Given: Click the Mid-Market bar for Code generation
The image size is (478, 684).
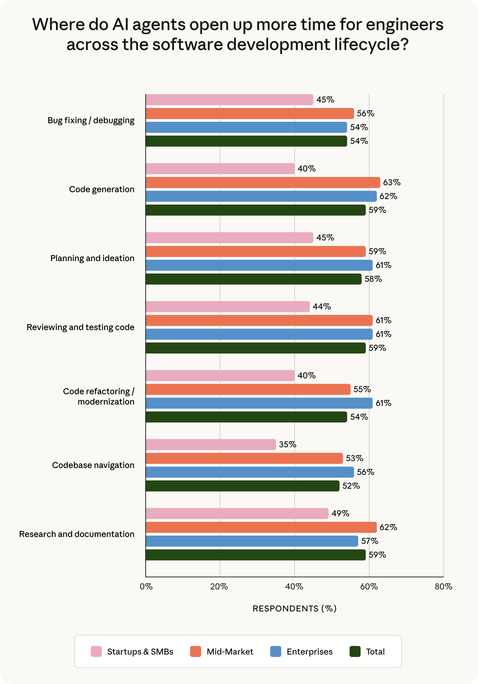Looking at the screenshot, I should [x=263, y=183].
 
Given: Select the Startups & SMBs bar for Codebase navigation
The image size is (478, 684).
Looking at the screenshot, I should [x=211, y=445].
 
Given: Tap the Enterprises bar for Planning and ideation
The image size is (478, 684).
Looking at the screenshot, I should [x=259, y=265].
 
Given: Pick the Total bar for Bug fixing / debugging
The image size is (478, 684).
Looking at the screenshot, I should [x=246, y=141].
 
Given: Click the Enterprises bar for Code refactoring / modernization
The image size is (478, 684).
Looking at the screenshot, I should [x=259, y=403].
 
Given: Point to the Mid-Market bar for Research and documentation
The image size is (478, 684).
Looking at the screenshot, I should [x=261, y=527].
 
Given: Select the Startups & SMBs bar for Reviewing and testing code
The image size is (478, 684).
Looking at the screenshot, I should [x=227, y=307].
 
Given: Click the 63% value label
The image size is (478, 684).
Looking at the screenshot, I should [x=391, y=183].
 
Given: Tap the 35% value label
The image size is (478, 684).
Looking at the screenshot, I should [x=287, y=445].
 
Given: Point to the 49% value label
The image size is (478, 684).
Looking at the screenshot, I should [x=340, y=514].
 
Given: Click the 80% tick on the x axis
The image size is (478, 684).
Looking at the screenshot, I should [x=443, y=587].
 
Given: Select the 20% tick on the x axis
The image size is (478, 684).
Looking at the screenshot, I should [x=219, y=587].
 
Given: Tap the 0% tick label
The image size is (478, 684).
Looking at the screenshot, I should [x=146, y=587].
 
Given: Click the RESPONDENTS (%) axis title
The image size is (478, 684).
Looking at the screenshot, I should [x=295, y=609].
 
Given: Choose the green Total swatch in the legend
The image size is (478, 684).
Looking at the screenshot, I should [x=355, y=651].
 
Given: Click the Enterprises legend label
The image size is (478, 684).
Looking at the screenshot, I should [x=310, y=651].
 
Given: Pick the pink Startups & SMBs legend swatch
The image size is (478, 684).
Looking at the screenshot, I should [x=96, y=651].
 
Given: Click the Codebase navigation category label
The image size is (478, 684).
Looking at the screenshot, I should [x=93, y=465].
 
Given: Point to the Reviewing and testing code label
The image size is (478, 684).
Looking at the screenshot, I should [x=81, y=327].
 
